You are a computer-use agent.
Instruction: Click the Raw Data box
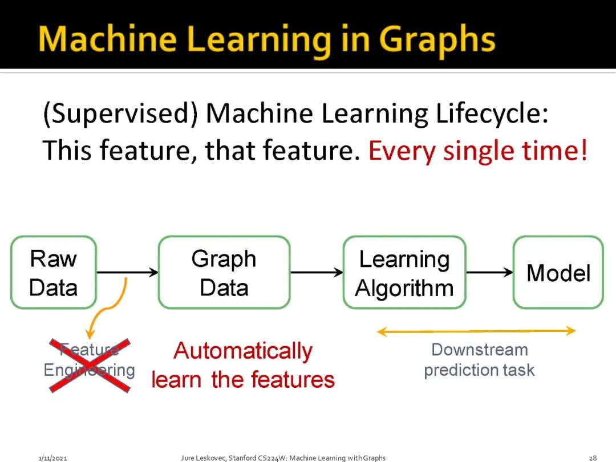click(54, 273)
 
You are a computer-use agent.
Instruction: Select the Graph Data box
click(224, 273)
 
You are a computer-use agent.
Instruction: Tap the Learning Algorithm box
click(404, 273)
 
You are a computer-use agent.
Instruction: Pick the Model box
click(558, 273)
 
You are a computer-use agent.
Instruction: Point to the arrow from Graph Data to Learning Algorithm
click(317, 273)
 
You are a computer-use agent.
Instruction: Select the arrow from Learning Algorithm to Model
click(490, 273)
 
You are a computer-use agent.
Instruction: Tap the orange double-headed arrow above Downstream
click(476, 331)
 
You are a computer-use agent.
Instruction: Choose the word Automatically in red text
click(243, 351)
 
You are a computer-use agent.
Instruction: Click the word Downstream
click(479, 350)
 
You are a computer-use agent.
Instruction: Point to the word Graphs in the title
click(437, 40)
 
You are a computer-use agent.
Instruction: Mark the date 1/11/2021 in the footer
click(53, 457)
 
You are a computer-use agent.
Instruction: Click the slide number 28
click(593, 457)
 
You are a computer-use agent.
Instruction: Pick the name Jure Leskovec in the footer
click(202, 457)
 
